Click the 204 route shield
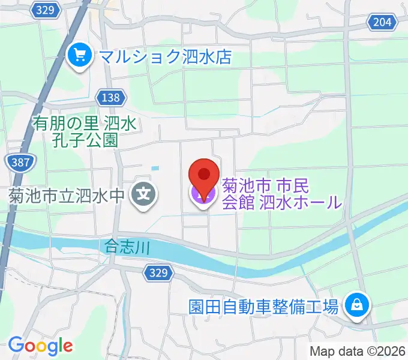(x=382, y=22)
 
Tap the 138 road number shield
(x=111, y=97)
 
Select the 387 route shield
(x=21, y=161)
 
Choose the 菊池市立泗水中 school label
(x=66, y=194)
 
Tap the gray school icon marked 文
(x=144, y=194)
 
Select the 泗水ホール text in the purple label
(x=301, y=202)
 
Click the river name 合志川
(x=126, y=245)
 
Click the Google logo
(x=40, y=346)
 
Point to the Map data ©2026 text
(x=358, y=351)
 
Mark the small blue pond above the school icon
(x=157, y=167)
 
